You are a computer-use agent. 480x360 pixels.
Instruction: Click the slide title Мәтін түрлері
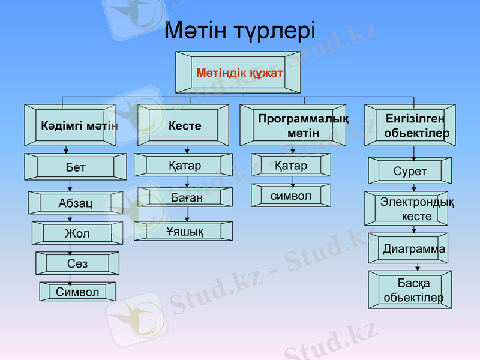point(239,30)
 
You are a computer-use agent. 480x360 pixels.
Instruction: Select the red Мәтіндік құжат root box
point(239,72)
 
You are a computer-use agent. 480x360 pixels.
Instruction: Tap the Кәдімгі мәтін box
point(72,125)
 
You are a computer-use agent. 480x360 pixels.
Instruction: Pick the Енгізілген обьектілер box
point(410,125)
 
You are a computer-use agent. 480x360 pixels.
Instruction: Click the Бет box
point(76,167)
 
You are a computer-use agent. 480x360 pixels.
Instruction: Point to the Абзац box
point(76,203)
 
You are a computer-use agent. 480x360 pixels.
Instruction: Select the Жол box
point(77,233)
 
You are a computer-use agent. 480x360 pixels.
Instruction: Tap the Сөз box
point(77,263)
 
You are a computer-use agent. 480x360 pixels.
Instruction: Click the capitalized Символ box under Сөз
point(77,292)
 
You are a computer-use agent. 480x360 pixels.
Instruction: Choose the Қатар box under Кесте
point(183,165)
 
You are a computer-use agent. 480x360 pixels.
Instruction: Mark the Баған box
point(183,197)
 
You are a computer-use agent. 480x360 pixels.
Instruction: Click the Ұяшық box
point(183,231)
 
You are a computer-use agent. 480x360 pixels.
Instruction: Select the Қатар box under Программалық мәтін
point(291,164)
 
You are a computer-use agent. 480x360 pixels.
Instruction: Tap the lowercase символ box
point(291,196)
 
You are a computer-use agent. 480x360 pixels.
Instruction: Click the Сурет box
point(410,170)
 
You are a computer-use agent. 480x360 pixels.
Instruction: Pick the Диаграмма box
point(408,248)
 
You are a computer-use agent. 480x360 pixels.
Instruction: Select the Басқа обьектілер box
point(410,290)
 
